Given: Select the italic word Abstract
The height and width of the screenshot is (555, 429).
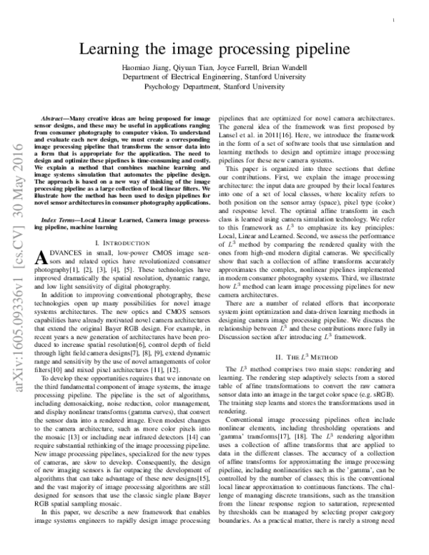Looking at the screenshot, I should pos(54,116).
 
